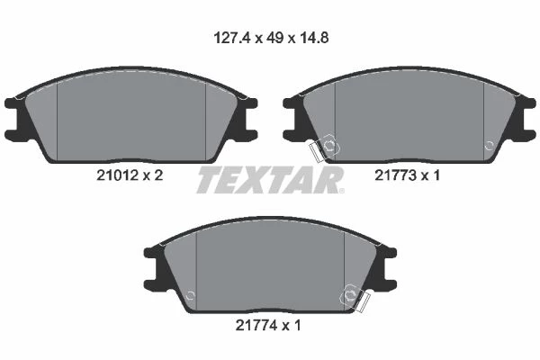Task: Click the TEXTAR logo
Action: click(x=270, y=179)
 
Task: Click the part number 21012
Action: click(x=117, y=175)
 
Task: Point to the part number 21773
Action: click(x=395, y=175)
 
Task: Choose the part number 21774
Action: click(x=256, y=325)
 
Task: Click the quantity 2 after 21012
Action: click(x=158, y=175)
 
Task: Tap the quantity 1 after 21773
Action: click(x=436, y=175)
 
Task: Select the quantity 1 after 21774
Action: click(x=298, y=325)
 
